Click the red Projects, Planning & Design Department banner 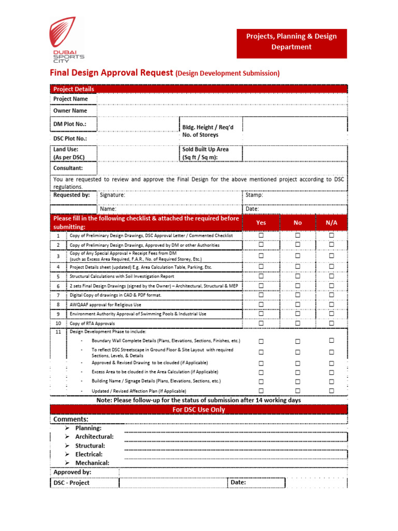292,42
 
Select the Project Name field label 71,99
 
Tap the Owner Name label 70,110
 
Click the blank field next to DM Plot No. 138,124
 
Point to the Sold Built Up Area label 205,153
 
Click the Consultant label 68,168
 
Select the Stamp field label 254,195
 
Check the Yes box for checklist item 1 261,235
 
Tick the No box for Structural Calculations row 297,276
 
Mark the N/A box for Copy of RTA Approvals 331,323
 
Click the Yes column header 261,222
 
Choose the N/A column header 331,222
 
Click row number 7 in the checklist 59,295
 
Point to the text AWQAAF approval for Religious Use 105,304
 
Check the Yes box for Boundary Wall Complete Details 261,341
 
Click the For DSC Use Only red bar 199,410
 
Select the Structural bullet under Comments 90,445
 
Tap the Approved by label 73,472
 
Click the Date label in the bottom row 238,482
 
